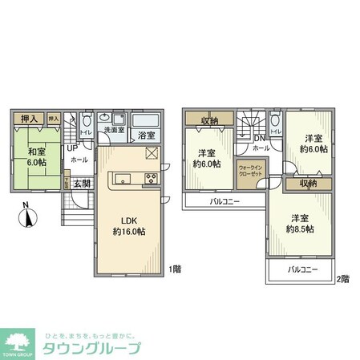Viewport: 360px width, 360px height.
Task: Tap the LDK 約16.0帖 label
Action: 127,225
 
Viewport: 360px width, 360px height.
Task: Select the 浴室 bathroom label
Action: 145,135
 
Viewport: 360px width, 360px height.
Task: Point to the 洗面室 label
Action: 111,130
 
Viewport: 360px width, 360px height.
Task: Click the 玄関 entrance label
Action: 83,183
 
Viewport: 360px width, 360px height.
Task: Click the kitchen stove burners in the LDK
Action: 150,177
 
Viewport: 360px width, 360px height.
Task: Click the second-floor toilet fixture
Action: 275,122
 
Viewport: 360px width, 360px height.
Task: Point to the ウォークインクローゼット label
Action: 249,172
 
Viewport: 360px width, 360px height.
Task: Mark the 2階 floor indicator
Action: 343,278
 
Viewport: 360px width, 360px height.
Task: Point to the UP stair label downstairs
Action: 72,148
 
